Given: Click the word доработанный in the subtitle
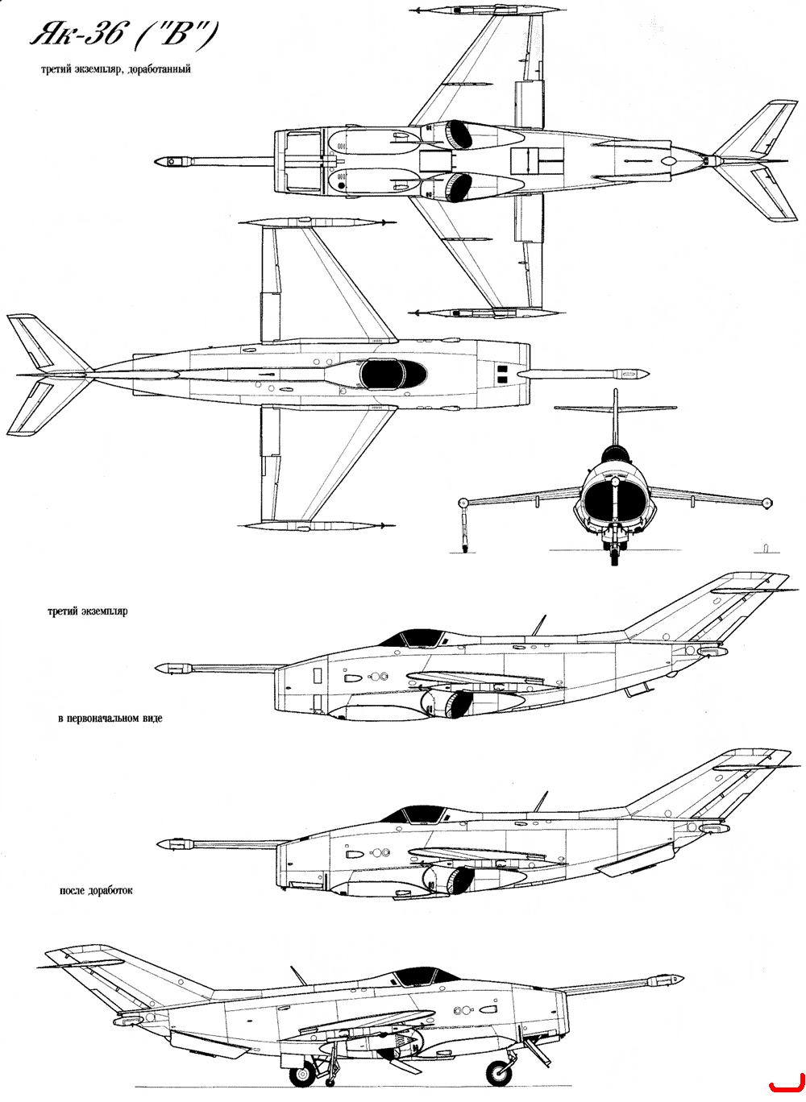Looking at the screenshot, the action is pos(159,69).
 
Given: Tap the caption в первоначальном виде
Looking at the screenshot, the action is pos(110,718).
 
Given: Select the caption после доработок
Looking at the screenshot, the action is pos(96,890).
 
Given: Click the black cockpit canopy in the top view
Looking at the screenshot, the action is pos(393,374).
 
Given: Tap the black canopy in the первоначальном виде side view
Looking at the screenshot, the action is pos(414,638).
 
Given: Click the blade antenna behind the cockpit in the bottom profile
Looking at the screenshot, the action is pos(297,976).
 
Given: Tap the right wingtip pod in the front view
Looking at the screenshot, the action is pos(767,503).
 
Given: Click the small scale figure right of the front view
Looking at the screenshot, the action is pos(765,548).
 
